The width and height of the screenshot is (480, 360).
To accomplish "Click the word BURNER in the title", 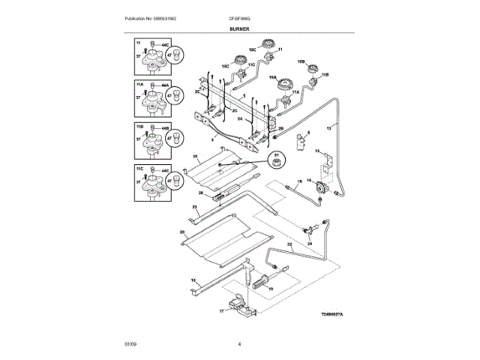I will coord(240,28).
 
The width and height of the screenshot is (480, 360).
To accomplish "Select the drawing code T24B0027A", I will coord(331,315).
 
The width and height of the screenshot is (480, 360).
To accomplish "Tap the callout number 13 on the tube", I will coord(327,128).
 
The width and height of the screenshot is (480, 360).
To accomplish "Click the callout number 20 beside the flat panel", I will coord(182,232).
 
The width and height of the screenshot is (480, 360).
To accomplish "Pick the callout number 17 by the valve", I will coord(222,310).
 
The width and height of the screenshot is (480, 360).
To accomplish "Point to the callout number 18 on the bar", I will coord(193,280).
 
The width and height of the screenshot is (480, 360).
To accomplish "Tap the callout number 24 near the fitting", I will coord(310,244).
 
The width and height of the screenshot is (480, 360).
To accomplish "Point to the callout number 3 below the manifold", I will coord(212,140).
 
